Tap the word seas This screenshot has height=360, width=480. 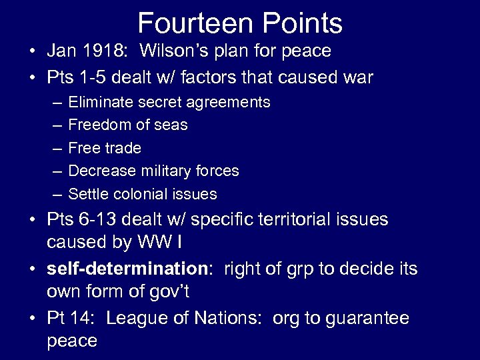(171, 125)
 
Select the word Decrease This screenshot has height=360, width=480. (99, 171)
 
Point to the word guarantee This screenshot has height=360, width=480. (367, 319)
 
